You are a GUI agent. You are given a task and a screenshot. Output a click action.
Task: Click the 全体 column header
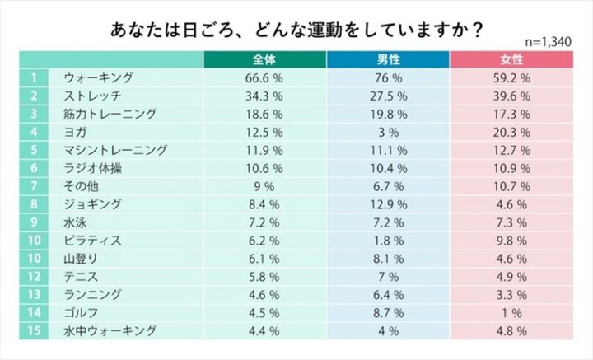click(x=265, y=60)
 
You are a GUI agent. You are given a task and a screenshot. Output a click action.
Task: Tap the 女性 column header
click(x=511, y=60)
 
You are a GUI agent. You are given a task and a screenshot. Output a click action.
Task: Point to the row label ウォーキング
click(x=98, y=78)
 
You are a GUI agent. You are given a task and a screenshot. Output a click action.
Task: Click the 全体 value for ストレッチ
click(x=265, y=96)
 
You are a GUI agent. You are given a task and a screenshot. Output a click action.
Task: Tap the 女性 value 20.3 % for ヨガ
click(x=511, y=132)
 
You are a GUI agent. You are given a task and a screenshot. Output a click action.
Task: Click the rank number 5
click(x=35, y=150)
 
